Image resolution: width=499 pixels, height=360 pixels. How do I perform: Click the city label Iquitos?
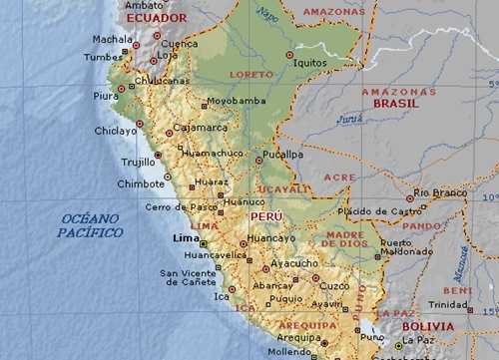pyautogui.click(x=311, y=62)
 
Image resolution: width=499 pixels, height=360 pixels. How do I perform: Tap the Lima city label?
pyautogui.click(x=186, y=238)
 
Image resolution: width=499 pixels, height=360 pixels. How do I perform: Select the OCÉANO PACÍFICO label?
pyautogui.click(x=90, y=225)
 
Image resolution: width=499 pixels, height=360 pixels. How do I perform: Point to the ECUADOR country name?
pyautogui.click(x=157, y=18)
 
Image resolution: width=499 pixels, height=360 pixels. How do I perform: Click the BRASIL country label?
pyautogui.click(x=395, y=103)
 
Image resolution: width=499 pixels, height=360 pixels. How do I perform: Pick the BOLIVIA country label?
pyautogui.click(x=429, y=326)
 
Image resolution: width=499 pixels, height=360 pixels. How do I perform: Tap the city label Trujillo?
pyautogui.click(x=138, y=162)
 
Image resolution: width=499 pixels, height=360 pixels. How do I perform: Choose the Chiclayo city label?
pyautogui.click(x=116, y=131)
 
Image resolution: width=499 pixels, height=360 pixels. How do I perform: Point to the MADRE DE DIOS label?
pyautogui.click(x=344, y=240)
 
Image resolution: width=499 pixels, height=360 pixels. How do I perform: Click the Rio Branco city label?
pyautogui.click(x=441, y=192)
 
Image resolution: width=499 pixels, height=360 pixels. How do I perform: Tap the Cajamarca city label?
pyautogui.click(x=201, y=128)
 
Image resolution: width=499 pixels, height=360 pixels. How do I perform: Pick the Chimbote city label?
pyautogui.click(x=141, y=183)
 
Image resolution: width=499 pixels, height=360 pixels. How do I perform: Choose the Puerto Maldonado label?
pyautogui.click(x=406, y=247)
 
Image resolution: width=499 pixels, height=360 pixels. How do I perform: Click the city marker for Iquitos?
pyautogui.click(x=289, y=55)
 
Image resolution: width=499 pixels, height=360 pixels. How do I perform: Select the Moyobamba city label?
pyautogui.click(x=236, y=101)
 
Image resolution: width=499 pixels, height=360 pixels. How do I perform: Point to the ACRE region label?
pyautogui.click(x=339, y=177)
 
